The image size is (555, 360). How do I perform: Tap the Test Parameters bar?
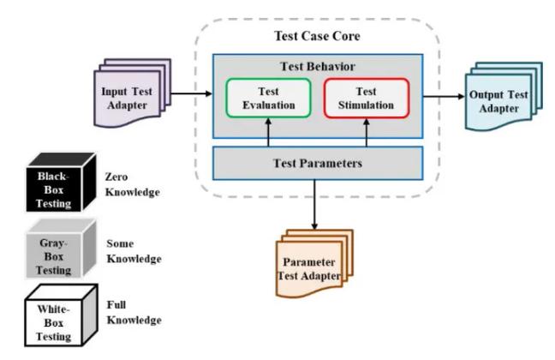[x=318, y=162]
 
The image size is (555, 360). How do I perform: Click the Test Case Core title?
[x=318, y=36]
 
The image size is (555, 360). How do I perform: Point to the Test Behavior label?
[x=318, y=65]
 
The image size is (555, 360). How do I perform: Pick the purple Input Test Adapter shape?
[x=123, y=92]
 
